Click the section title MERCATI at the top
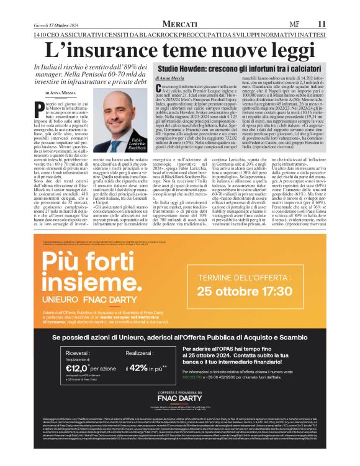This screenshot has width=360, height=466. point(180,23)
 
